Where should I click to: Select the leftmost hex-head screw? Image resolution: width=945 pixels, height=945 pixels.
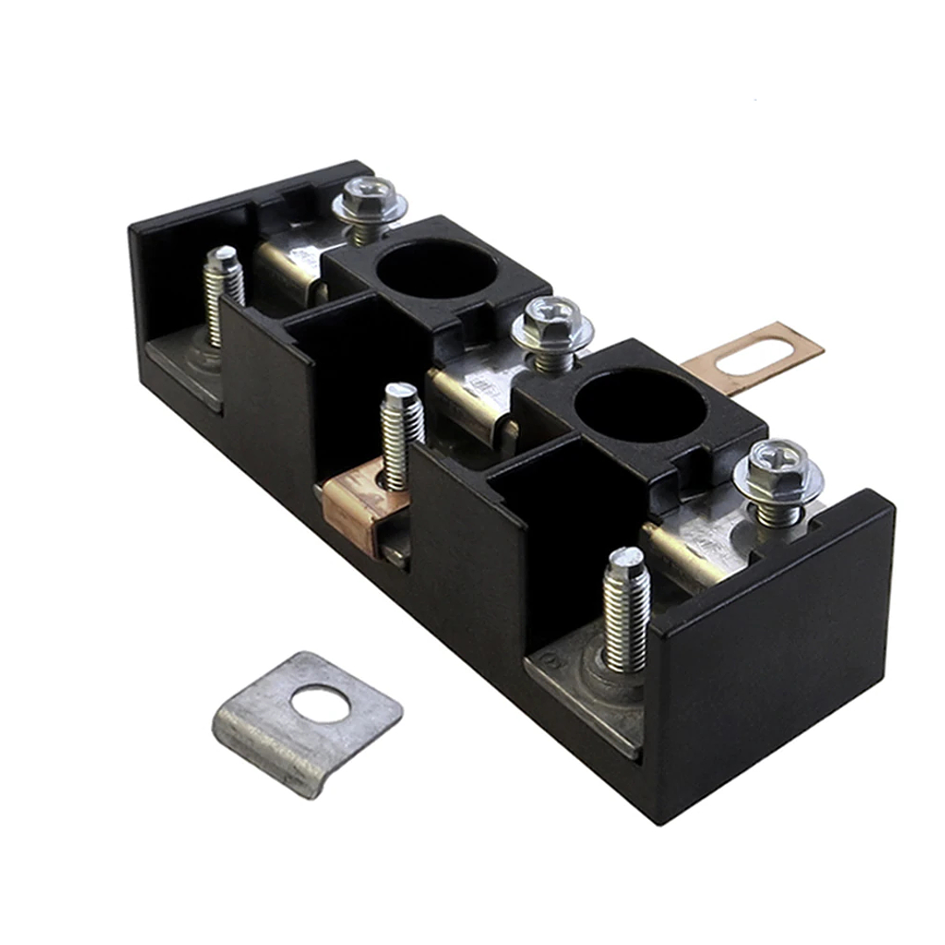pyautogui.click(x=369, y=201)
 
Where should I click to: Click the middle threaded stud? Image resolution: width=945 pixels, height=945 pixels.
pyautogui.click(x=402, y=434)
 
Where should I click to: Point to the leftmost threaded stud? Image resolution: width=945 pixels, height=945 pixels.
pyautogui.click(x=224, y=293)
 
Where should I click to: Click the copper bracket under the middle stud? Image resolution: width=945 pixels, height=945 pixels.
pyautogui.click(x=354, y=508)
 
